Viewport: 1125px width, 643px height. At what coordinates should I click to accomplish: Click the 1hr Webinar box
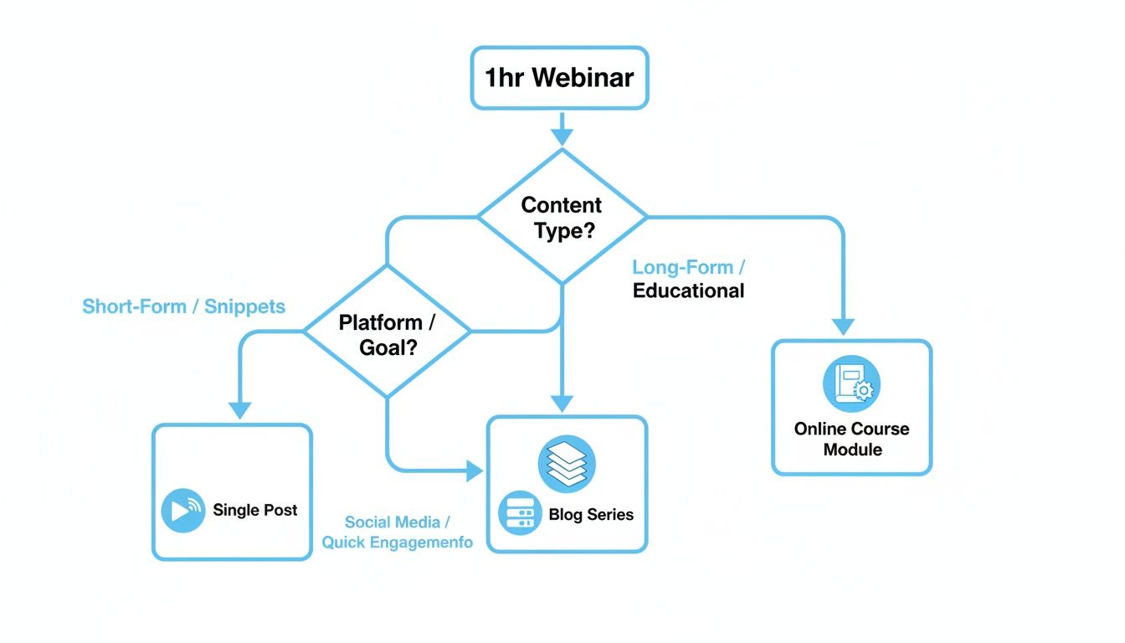coord(559,78)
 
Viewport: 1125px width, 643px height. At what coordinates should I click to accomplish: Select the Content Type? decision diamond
coord(562,217)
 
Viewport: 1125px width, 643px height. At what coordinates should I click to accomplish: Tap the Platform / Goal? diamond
coord(387,333)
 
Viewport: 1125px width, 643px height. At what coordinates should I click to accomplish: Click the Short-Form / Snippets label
coord(183,306)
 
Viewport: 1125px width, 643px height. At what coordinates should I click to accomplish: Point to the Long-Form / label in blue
coord(688,268)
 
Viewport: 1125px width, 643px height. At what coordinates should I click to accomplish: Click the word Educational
coord(688,291)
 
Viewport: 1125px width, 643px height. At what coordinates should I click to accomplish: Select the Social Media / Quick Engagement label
coord(397,532)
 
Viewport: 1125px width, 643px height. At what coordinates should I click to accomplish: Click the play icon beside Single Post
coord(182,511)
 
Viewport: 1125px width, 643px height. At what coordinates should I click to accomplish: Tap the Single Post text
coord(254,510)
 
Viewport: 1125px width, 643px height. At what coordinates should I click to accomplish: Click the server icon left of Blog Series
coord(520,512)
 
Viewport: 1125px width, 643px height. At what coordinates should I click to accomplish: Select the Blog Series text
coord(591,515)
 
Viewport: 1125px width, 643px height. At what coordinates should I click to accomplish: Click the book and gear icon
coord(851,384)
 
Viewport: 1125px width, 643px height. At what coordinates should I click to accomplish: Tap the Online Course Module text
coord(851,439)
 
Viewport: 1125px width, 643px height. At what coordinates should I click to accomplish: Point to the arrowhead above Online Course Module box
coord(844,327)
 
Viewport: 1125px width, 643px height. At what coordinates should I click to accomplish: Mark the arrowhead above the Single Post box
coord(240,410)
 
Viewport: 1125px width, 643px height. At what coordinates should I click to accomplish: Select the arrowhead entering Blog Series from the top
coord(562,403)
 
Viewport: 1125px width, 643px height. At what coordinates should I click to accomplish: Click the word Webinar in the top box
coord(583,78)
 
